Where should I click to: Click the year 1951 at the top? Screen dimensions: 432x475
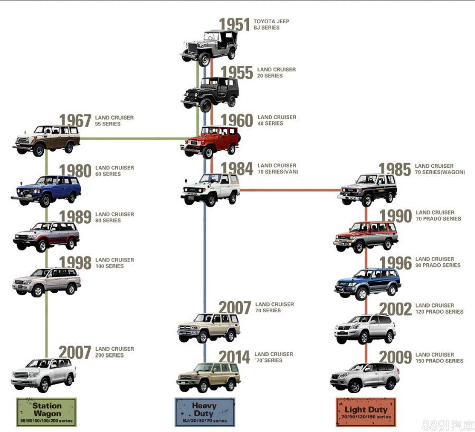coord(234,25)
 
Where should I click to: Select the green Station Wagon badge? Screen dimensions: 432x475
coord(47,412)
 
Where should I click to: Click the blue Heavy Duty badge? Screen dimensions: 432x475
coord(205,412)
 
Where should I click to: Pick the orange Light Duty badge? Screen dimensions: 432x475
coord(366,412)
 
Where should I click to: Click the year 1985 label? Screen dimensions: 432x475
coord(394,169)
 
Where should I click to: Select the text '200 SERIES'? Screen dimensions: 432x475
coord(110,356)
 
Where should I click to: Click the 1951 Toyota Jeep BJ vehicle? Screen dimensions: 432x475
coord(208,47)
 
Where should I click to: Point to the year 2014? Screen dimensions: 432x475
coord(234,357)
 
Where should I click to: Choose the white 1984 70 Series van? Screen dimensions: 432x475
coord(210,189)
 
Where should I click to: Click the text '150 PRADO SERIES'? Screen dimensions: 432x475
coord(439,361)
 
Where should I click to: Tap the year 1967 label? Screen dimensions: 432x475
coord(75,121)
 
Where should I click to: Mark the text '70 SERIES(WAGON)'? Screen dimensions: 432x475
coord(440,172)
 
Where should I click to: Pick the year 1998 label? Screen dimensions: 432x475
coord(75,263)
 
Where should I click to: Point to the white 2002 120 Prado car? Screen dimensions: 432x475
coord(365,329)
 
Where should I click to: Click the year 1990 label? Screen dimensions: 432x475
coord(395,216)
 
